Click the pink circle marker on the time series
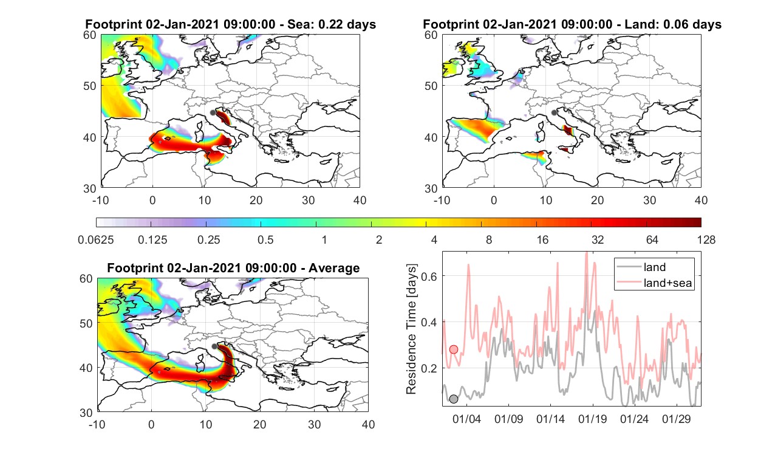tap(454, 349)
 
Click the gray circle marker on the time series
tap(454, 399)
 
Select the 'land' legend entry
tap(655, 267)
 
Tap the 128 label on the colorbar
tap(706, 239)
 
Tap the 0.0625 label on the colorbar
tap(96, 239)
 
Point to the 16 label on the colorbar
tap(542, 239)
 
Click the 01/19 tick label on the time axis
tap(592, 419)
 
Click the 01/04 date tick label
tap(466, 419)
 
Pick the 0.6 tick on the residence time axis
tap(429, 276)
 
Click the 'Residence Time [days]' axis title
tap(411, 329)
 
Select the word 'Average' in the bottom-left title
tap(334, 268)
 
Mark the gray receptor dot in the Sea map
tap(213, 112)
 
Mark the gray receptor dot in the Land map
tap(554, 112)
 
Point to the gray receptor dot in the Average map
tap(214, 346)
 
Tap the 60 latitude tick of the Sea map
tap(90, 35)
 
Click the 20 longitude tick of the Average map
tap(259, 424)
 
